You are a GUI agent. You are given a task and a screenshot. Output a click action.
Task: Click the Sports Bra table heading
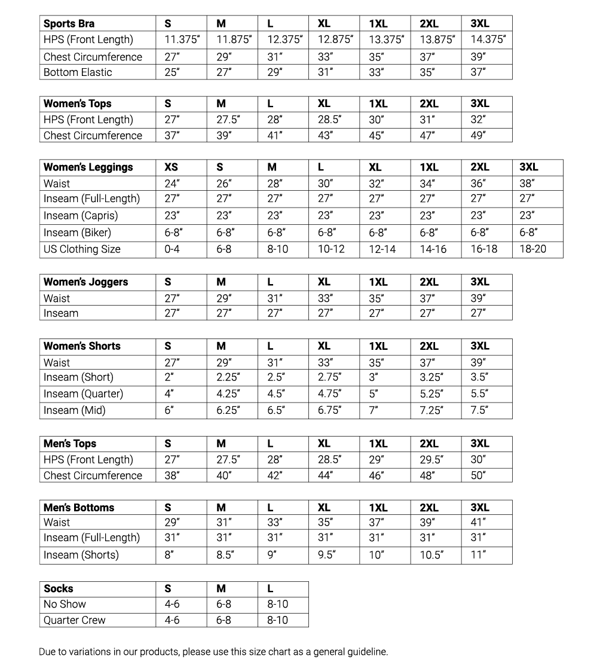69,24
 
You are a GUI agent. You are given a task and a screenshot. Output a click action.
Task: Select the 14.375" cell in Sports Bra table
488,40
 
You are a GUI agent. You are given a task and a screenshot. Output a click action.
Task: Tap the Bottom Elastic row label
78,72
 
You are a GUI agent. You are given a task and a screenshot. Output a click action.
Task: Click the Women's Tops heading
77,103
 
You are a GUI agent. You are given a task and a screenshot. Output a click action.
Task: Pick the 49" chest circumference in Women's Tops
478,136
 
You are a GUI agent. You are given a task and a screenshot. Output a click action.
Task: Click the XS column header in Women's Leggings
171,167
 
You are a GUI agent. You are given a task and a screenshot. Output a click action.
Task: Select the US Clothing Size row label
82,249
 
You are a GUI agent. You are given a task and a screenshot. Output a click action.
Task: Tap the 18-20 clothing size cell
532,249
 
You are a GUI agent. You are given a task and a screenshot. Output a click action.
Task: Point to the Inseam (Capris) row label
81,216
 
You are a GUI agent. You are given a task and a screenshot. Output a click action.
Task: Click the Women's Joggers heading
85,282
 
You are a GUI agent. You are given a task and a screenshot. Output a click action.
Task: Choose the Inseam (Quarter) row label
83,394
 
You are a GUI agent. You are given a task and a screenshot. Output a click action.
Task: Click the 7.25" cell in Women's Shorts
431,411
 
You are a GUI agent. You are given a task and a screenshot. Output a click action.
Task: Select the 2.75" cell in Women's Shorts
329,377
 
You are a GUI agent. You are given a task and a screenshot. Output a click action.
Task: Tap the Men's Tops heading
70,444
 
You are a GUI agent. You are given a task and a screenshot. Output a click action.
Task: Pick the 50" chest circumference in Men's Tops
478,476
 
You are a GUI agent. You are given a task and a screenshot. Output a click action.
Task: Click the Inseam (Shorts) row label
81,555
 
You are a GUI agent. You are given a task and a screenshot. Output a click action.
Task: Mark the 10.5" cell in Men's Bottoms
431,555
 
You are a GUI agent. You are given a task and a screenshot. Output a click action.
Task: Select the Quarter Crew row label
74,620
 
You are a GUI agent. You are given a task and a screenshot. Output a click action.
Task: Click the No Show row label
65,604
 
